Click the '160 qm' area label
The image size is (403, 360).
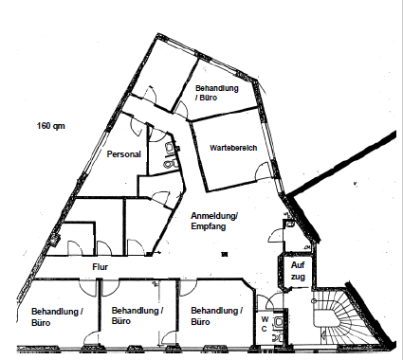click(x=51, y=126)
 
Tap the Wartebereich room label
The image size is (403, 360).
click(x=233, y=148)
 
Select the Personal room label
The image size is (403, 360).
click(x=123, y=154)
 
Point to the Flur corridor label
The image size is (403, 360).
click(x=101, y=267)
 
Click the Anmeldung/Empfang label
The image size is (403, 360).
click(x=214, y=221)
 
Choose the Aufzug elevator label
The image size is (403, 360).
click(x=298, y=271)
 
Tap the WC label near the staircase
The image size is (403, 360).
click(x=265, y=324)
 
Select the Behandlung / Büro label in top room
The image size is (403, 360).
click(x=216, y=93)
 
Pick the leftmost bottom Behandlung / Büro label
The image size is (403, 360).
click(x=57, y=317)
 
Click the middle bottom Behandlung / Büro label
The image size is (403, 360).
click(x=137, y=315)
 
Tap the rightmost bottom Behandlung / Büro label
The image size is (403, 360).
click(x=216, y=315)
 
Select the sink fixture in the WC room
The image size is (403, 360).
click(x=279, y=322)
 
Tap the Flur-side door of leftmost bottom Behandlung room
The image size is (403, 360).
click(x=87, y=288)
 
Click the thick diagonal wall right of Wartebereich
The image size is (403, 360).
click(x=341, y=164)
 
